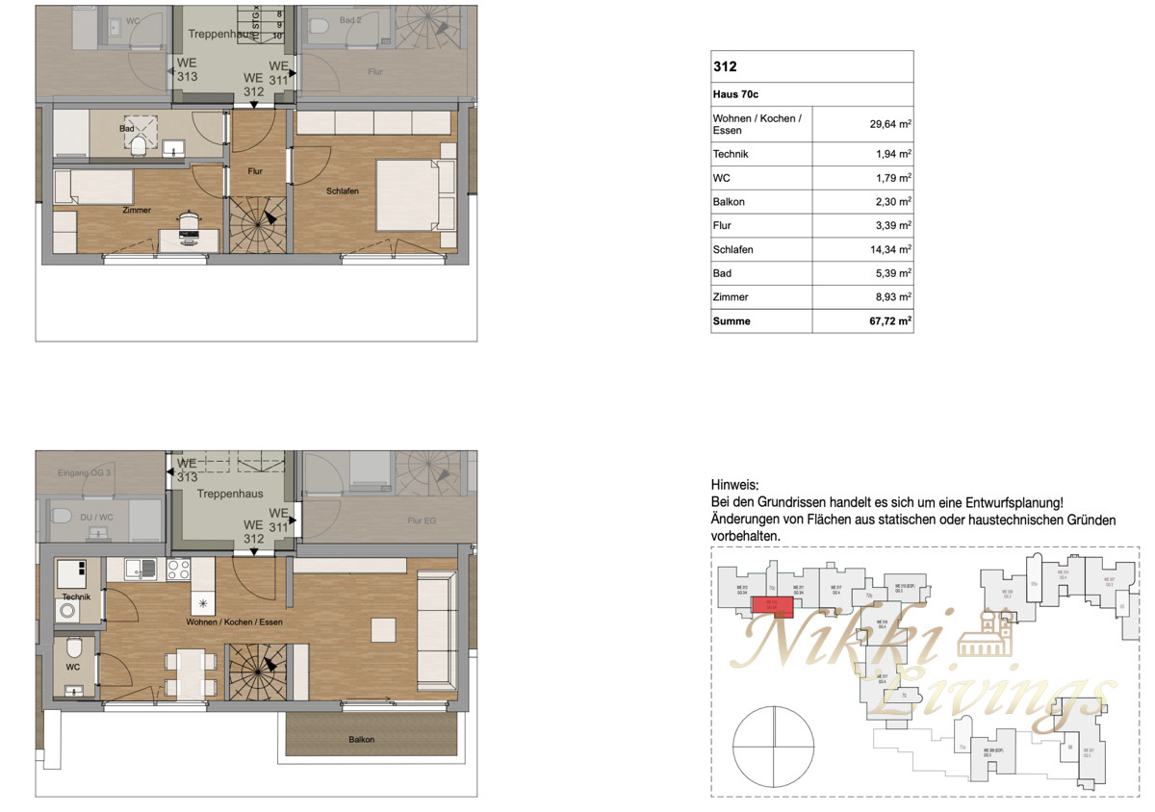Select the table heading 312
[725, 67]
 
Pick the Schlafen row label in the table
[732, 250]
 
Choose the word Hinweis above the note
[734, 485]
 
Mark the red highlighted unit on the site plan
[771, 604]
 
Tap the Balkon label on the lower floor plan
[362, 740]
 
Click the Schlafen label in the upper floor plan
[343, 191]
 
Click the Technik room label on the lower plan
[75, 596]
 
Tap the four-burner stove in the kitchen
[178, 570]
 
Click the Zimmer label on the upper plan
[137, 210]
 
